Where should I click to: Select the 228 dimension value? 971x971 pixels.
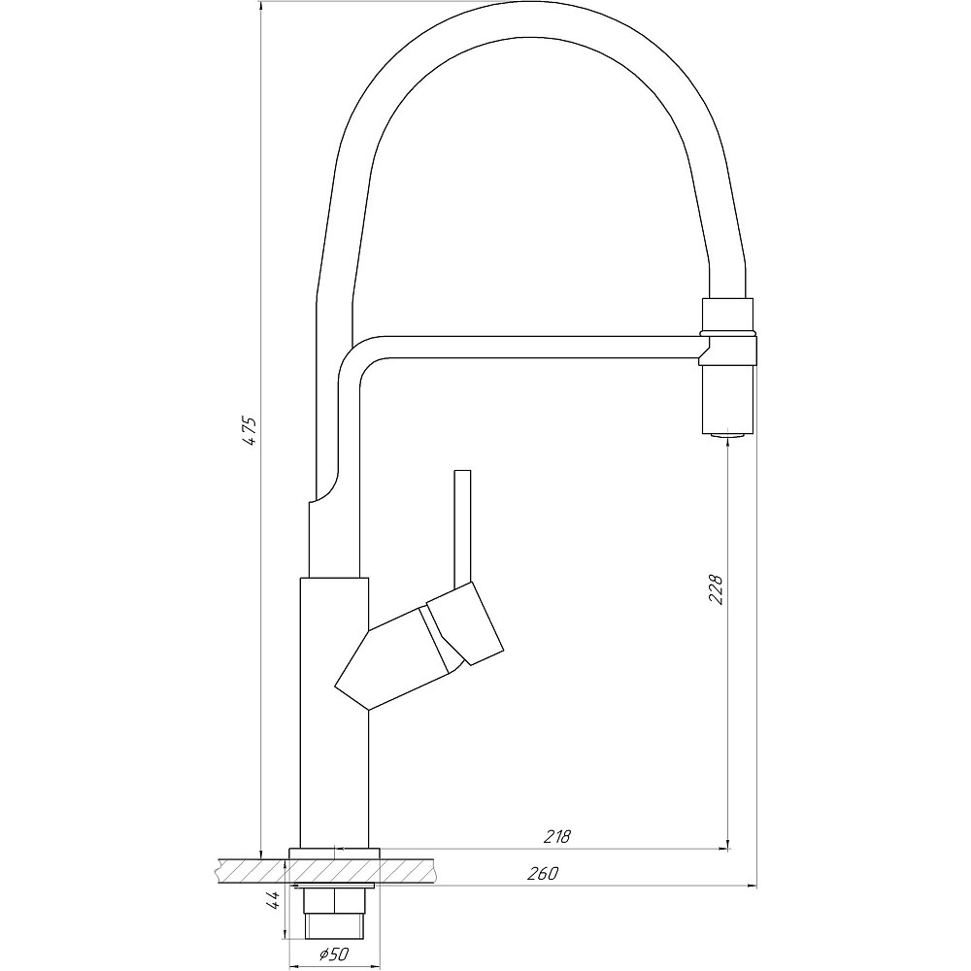(717, 589)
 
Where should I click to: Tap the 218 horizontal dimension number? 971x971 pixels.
(556, 837)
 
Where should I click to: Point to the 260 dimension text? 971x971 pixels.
(543, 873)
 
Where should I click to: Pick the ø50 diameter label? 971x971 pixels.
(334, 954)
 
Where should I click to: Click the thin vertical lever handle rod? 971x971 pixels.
(462, 527)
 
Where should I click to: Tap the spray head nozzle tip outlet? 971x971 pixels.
(727, 436)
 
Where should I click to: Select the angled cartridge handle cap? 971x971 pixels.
(465, 623)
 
